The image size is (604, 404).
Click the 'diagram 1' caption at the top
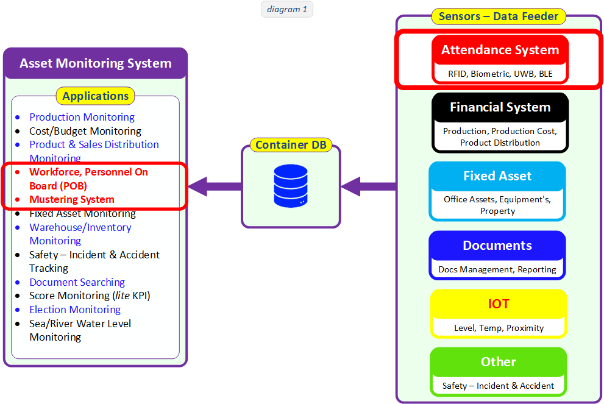(x=287, y=9)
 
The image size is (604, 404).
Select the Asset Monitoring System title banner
(x=96, y=63)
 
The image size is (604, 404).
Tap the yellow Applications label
(x=95, y=96)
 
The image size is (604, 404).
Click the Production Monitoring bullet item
(x=82, y=117)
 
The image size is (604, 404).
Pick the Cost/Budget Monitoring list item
(x=85, y=131)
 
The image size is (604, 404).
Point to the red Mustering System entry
(x=71, y=199)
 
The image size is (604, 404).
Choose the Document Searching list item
(x=77, y=282)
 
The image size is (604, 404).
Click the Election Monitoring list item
(x=75, y=310)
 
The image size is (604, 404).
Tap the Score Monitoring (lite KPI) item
(x=90, y=296)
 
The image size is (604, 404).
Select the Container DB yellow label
(x=291, y=145)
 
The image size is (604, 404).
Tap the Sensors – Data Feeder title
(x=499, y=16)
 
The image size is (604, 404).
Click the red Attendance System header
(x=500, y=50)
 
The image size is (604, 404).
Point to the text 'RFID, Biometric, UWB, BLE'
(x=500, y=74)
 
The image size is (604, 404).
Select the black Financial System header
(x=500, y=107)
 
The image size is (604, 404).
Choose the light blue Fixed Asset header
(x=497, y=176)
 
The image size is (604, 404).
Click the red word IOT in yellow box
(x=499, y=303)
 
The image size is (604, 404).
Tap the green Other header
(x=498, y=361)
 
